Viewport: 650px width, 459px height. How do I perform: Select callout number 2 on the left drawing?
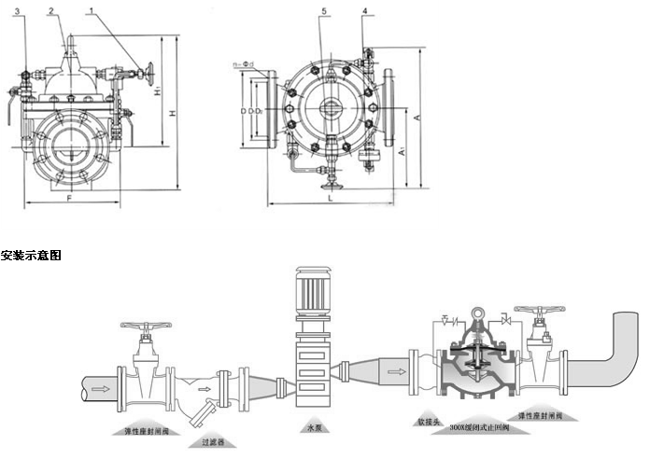click(x=52, y=11)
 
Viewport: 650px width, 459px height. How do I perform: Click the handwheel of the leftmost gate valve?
click(x=146, y=328)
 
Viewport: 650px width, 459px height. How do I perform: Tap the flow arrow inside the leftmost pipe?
click(x=100, y=383)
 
